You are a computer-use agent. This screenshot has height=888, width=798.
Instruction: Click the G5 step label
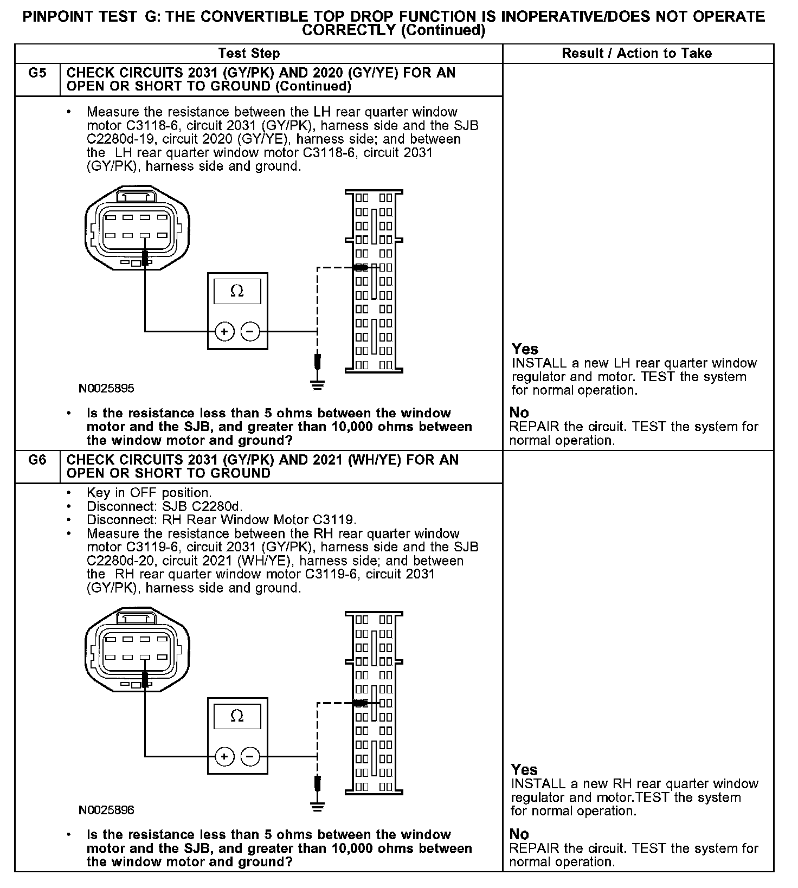[x=37, y=73]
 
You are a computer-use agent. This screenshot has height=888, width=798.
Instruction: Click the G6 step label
[x=37, y=460]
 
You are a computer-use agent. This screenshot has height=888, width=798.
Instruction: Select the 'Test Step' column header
[x=249, y=53]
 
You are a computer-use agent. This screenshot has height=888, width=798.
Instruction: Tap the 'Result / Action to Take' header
[x=637, y=53]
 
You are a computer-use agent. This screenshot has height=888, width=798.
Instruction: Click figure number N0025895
[x=106, y=388]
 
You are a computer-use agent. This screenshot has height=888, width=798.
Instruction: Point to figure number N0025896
[x=106, y=810]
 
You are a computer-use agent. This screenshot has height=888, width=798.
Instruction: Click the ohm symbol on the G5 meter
[x=237, y=291]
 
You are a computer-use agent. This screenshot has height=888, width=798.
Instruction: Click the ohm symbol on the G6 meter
[x=237, y=716]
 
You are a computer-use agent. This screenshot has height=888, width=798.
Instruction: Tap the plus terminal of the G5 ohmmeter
[x=224, y=331]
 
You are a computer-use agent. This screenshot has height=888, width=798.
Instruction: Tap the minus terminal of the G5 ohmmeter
[x=250, y=331]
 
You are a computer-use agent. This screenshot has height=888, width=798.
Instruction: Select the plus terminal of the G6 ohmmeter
[x=224, y=756]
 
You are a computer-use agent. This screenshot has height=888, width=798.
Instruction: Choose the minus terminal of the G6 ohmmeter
[x=250, y=756]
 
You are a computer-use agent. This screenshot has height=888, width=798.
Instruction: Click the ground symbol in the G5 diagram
[x=318, y=385]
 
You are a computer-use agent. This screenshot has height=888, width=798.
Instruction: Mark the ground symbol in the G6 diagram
[x=318, y=807]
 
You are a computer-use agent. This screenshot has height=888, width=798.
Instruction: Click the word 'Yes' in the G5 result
[x=525, y=349]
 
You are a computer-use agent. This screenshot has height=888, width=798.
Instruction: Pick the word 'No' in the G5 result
[x=519, y=413]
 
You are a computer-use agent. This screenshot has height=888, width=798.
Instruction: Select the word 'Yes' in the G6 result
[x=524, y=769]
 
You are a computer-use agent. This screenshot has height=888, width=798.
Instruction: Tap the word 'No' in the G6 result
[x=519, y=834]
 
